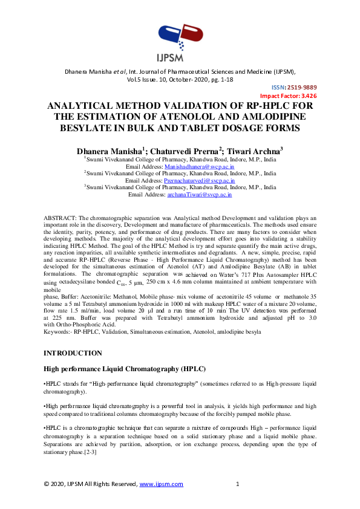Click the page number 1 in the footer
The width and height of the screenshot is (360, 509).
pos(238,484)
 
